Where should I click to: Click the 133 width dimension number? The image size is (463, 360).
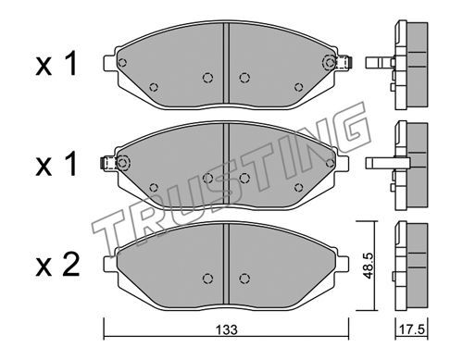[x=227, y=330]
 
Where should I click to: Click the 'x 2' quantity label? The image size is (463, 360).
[x=57, y=265]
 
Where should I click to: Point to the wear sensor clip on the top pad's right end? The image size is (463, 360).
[x=344, y=63]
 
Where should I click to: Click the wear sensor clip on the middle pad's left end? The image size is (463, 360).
[x=109, y=163]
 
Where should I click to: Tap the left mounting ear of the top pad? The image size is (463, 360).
[x=110, y=63]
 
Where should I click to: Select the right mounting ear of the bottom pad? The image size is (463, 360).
[x=343, y=264]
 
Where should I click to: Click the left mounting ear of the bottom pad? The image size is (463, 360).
[x=110, y=264]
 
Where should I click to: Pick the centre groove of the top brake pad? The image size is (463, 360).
[x=226, y=64]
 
